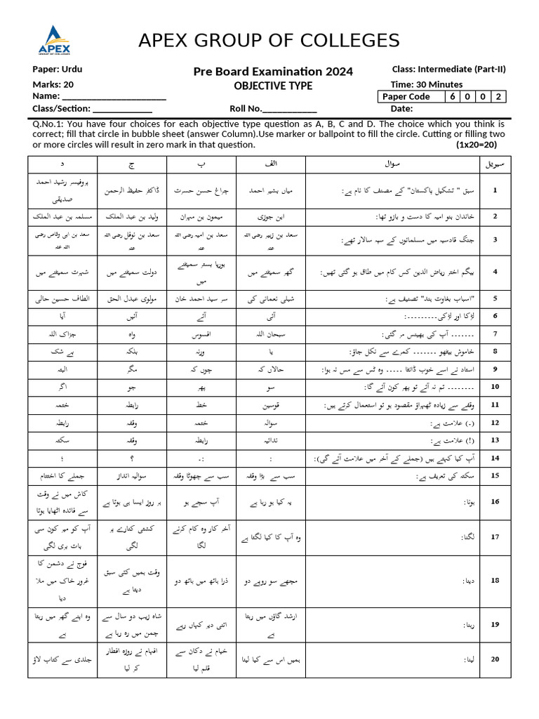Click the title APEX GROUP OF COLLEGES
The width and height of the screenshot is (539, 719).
tap(269, 39)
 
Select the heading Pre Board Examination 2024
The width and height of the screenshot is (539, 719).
tap(273, 72)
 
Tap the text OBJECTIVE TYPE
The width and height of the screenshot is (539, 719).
tap(273, 86)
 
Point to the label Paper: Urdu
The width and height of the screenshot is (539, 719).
tap(58, 70)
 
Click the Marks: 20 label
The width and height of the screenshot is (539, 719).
tap(53, 84)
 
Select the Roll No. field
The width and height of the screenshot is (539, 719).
tap(290, 109)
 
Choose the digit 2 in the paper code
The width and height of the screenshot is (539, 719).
tap(498, 97)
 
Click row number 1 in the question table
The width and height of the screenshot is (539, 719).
tap(495, 190)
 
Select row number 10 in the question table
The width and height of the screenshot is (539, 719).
tap(495, 387)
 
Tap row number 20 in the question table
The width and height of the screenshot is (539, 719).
tap(495, 659)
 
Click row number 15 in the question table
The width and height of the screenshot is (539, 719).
tap(495, 475)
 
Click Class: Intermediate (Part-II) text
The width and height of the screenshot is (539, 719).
tap(448, 69)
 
